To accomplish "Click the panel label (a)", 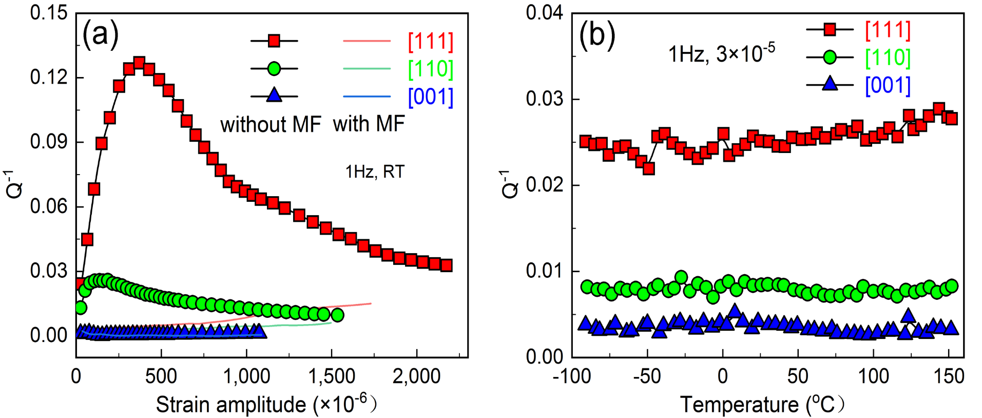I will (x=101, y=35).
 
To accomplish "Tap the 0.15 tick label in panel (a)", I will (x=49, y=13).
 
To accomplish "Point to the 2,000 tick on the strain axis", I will (x=416, y=376).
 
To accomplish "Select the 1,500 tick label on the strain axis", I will (x=331, y=376).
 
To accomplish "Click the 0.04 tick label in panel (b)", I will (x=544, y=13).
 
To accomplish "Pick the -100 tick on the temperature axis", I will (x=572, y=376).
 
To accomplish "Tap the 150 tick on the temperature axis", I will (x=949, y=376).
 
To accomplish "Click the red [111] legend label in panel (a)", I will (x=431, y=42).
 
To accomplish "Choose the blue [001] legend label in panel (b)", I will (x=888, y=85).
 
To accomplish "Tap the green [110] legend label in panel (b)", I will (x=888, y=58).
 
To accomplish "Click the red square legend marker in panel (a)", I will (x=274, y=41).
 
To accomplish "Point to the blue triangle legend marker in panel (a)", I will (x=274, y=95).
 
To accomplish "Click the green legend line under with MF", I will (x=367, y=68).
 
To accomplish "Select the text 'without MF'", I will (x=271, y=125).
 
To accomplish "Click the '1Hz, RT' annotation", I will (x=375, y=172).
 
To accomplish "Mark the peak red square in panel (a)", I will (x=139, y=63).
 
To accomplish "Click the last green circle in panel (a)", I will (x=337, y=315).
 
